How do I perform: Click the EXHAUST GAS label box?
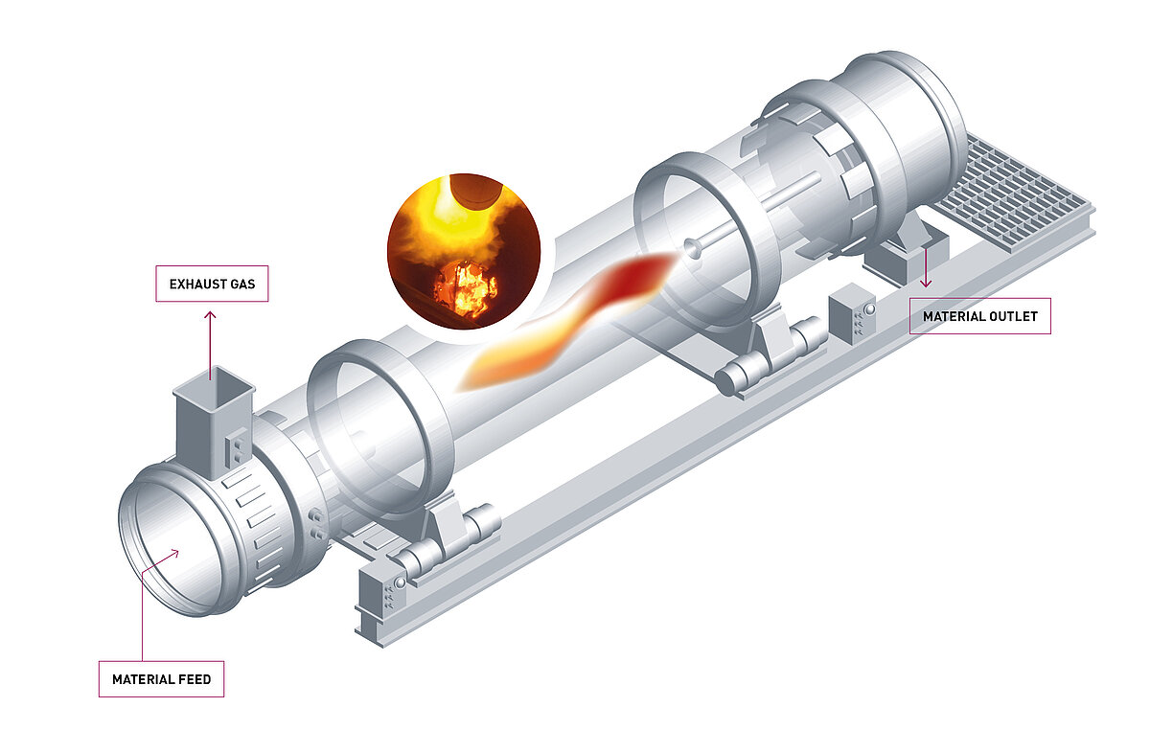point(212,285)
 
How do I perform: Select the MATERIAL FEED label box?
point(161,679)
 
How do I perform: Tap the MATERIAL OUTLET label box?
point(979,315)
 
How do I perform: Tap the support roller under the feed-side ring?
point(450,542)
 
